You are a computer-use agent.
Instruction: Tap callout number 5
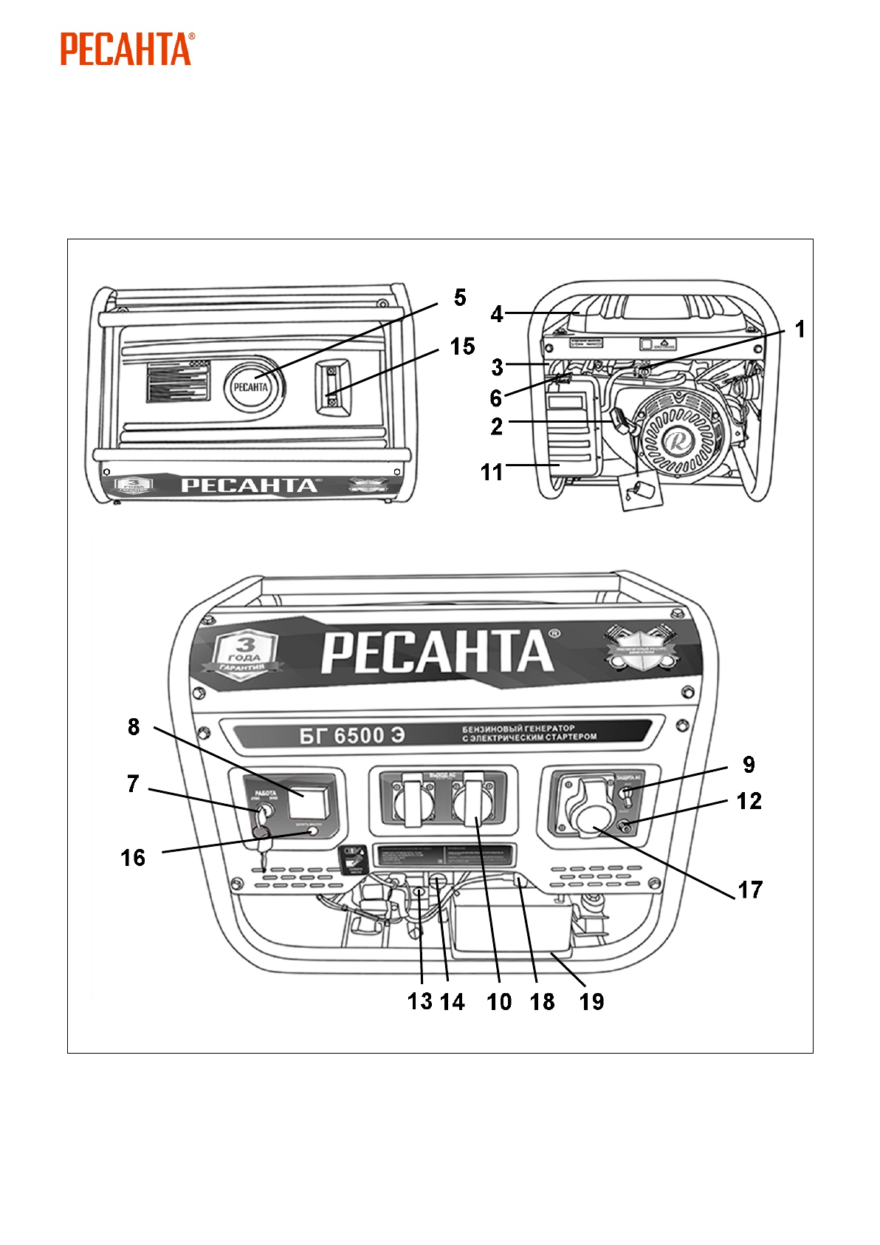pos(460,298)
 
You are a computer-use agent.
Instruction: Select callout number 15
pos(463,347)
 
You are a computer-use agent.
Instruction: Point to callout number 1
pos(800,330)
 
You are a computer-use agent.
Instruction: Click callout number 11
pos(492,472)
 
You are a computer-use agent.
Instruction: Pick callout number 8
pos(134,727)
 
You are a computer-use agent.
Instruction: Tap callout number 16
pos(133,858)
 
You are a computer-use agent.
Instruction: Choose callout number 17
pos(750,890)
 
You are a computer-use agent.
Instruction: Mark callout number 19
pos(592,1002)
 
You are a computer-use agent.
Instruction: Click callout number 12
pos(749,801)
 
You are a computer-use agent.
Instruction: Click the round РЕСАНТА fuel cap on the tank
pos(251,386)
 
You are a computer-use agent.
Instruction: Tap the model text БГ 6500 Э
pos(352,736)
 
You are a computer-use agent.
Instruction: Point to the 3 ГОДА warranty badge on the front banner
pos(244,654)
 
